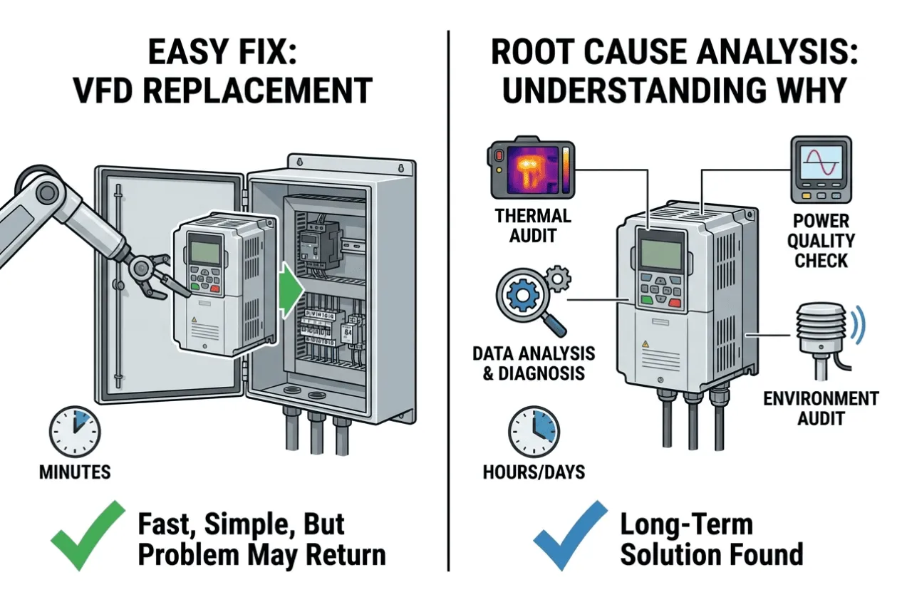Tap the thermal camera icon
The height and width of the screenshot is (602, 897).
[531, 168]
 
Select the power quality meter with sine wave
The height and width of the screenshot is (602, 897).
[821, 170]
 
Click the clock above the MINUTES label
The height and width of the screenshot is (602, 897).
[75, 432]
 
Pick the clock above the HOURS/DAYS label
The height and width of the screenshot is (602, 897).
[534, 432]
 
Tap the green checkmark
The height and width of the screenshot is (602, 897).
[88, 536]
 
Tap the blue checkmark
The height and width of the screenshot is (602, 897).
[571, 536]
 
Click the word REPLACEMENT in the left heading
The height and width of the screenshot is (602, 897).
[258, 90]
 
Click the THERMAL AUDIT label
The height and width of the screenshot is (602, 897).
[533, 226]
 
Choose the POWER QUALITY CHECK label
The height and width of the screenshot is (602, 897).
[821, 241]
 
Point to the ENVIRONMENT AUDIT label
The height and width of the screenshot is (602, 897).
[821, 408]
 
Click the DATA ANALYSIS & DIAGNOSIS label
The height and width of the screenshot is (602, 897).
[534, 363]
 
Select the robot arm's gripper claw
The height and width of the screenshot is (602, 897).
[158, 276]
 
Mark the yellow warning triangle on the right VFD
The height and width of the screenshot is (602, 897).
[645, 343]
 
